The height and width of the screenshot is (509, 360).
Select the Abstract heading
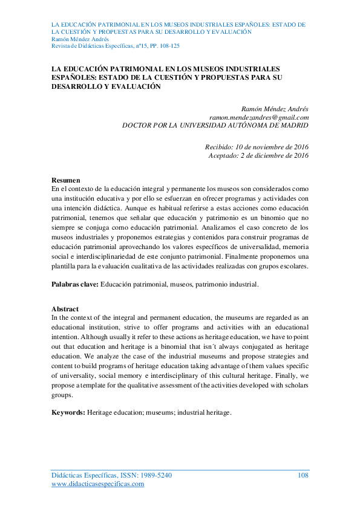(65, 309)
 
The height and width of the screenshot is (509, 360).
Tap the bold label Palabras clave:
(75, 284)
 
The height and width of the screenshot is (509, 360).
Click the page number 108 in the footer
(303, 476)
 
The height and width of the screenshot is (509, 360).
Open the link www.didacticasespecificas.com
(98, 484)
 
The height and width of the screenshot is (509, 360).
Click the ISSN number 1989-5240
(154, 476)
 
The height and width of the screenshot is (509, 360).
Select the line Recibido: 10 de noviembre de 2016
(257, 147)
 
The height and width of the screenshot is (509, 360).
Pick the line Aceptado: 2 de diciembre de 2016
(258, 155)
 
